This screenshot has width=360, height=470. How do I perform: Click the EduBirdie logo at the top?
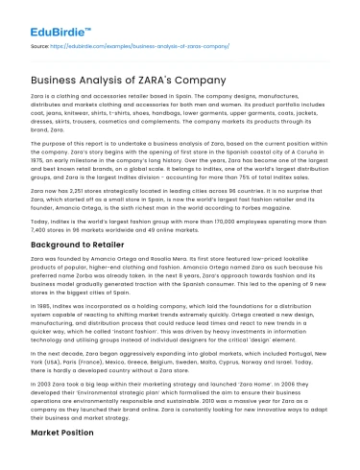tap(42, 17)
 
